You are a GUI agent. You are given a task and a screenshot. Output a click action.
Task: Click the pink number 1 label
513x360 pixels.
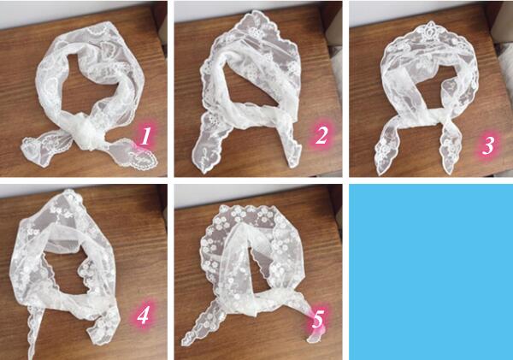click(145, 136)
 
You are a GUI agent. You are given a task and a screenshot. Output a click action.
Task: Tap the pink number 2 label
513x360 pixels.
click(321, 135)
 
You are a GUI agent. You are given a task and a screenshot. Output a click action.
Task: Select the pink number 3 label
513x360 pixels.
click(488, 145)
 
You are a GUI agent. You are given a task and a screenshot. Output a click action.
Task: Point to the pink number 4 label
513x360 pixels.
click(144, 316)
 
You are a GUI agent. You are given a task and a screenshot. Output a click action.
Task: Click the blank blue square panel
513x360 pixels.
click(431, 272)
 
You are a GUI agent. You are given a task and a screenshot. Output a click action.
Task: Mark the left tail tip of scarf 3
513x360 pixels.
click(380, 173)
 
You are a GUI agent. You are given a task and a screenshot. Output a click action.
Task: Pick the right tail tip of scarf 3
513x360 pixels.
click(451, 171)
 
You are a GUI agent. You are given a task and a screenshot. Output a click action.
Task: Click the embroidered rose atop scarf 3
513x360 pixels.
click(429, 30)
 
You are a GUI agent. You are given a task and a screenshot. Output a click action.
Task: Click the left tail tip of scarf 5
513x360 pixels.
click(184, 342)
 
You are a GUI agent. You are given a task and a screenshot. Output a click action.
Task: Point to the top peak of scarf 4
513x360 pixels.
click(69, 192)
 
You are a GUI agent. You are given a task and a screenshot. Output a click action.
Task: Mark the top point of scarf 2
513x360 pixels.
click(256, 12)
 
